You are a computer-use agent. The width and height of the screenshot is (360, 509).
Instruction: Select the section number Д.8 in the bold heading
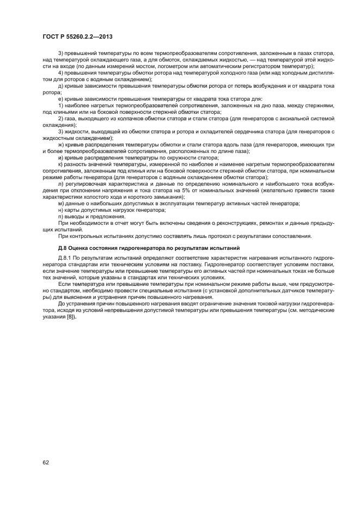coord(48,248)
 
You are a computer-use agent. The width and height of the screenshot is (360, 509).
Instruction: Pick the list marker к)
coord(60,164)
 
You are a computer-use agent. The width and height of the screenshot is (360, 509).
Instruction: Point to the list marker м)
coord(61,203)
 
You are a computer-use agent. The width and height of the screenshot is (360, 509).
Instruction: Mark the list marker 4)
coord(60,72)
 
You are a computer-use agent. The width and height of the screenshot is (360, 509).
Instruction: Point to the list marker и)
coord(60,157)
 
